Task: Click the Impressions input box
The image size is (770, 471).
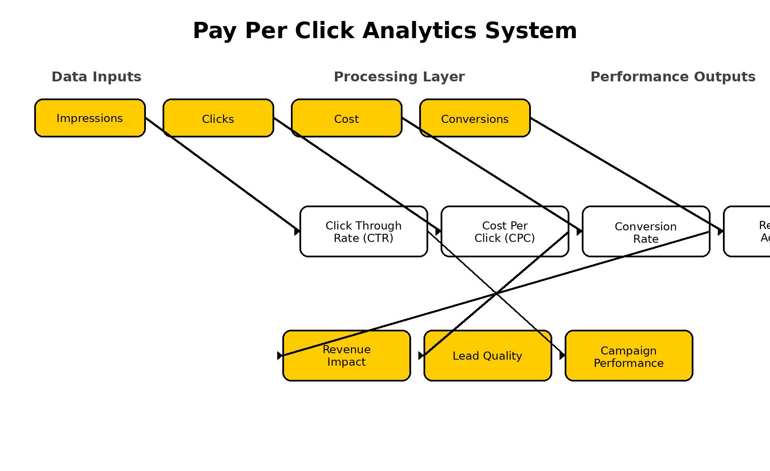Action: click(90, 118)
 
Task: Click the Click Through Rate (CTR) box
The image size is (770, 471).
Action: click(364, 232)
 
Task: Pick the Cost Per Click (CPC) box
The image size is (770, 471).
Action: click(505, 232)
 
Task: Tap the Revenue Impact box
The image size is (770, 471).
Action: click(346, 355)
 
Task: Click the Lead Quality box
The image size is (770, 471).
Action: click(488, 355)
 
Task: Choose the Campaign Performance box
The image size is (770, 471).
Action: click(629, 356)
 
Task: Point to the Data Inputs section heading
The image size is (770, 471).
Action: click(96, 77)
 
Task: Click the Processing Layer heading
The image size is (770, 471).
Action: click(399, 77)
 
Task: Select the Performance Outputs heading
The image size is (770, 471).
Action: click(672, 77)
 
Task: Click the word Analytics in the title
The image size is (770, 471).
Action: click(419, 31)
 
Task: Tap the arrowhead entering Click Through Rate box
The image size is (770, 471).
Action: click(297, 231)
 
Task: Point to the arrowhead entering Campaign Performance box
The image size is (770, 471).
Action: click(562, 355)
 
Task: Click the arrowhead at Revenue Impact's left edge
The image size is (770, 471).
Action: click(280, 355)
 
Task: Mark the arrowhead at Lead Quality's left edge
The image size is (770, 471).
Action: click(421, 355)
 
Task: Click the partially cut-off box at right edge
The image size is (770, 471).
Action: click(749, 232)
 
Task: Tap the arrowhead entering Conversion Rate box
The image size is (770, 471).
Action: click(579, 232)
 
